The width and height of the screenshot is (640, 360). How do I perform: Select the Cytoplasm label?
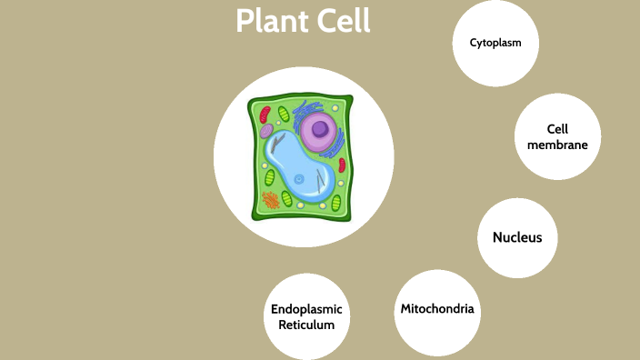[495, 43]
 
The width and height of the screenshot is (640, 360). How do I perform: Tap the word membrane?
[557, 145]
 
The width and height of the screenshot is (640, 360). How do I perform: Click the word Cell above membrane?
[557, 129]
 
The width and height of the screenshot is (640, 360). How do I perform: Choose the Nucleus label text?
[517, 237]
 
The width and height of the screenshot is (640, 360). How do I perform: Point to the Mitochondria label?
[437, 309]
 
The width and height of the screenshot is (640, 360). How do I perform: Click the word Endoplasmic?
[306, 309]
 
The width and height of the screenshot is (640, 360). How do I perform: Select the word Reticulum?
[306, 325]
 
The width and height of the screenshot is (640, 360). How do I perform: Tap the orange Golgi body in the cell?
[271, 199]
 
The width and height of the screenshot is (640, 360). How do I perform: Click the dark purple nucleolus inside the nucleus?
[319, 128]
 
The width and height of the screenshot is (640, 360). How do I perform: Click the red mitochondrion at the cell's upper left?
[265, 115]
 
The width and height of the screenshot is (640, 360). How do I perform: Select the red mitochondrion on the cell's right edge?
[342, 165]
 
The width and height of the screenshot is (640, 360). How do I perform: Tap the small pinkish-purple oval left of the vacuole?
[266, 132]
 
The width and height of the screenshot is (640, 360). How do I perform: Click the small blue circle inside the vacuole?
[298, 179]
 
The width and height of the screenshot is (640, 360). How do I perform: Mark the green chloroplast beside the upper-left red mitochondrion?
[283, 115]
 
